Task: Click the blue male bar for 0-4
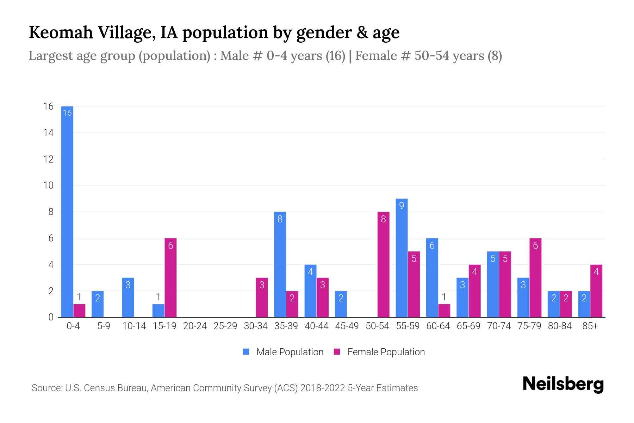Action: [x=67, y=211]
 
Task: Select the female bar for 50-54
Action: [x=383, y=264]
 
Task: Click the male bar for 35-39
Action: [x=280, y=264]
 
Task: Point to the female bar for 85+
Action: [x=596, y=291]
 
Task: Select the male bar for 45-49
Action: [x=341, y=304]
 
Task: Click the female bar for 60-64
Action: [x=444, y=311]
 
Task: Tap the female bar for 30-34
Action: [x=262, y=298]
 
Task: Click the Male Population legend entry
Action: [x=283, y=352]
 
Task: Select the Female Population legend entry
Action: [x=380, y=352]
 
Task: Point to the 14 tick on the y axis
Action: [x=48, y=133]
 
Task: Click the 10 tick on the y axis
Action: [x=48, y=185]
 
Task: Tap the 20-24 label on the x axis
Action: [x=195, y=326]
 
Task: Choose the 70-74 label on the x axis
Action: [x=499, y=326]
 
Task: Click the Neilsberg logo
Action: [x=563, y=384]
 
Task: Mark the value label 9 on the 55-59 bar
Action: [x=402, y=206]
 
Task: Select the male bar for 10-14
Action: [x=128, y=298]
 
